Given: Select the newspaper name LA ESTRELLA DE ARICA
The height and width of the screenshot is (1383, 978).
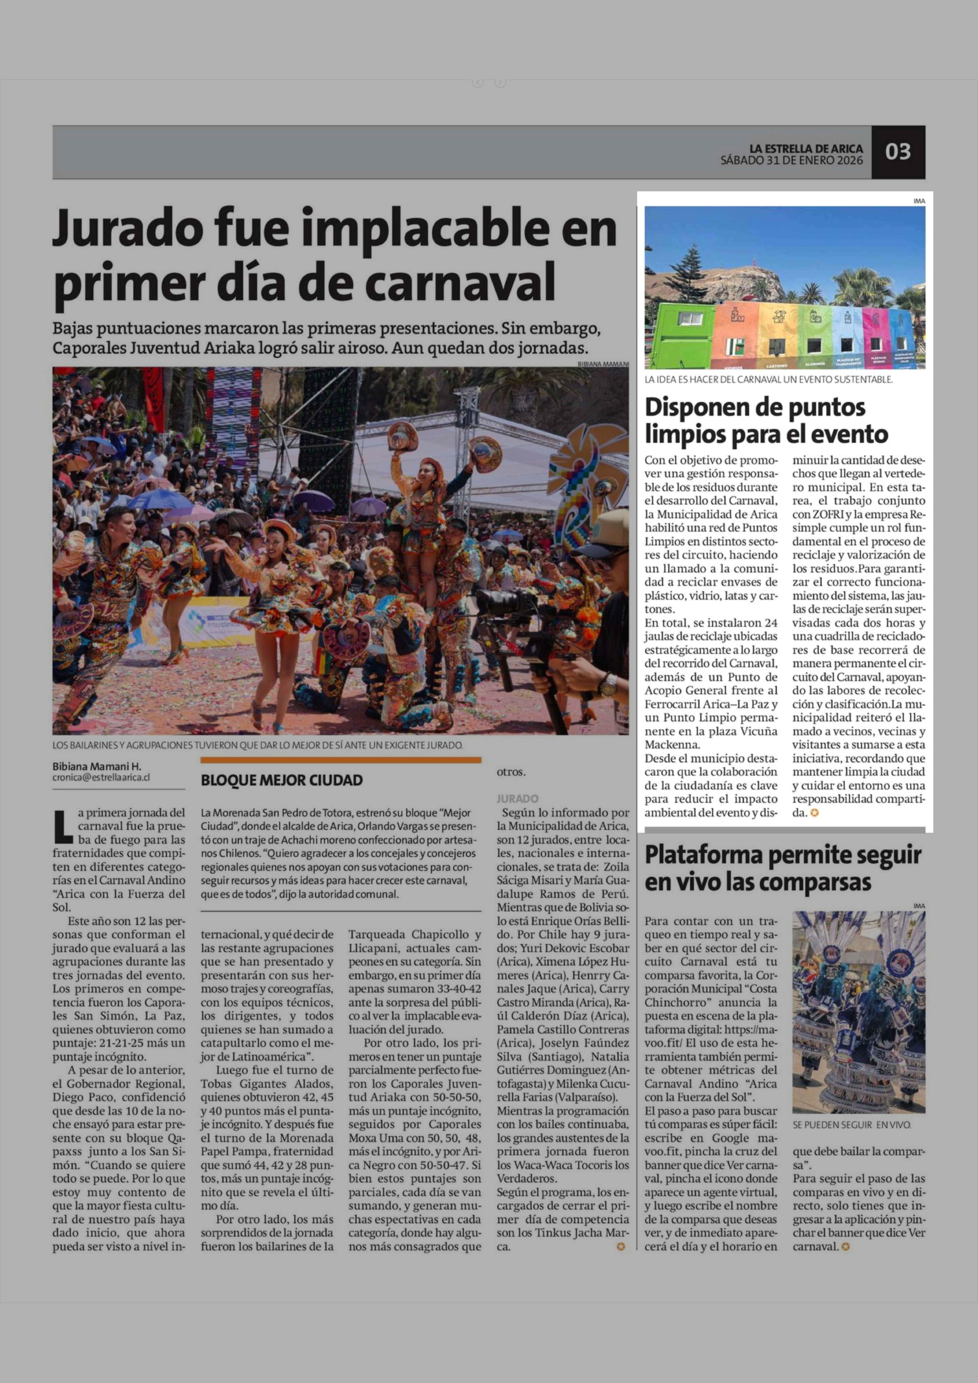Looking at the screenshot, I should [806, 148].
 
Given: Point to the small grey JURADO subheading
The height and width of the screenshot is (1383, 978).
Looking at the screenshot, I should [517, 799].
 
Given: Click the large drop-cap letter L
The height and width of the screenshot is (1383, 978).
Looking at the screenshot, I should [63, 826].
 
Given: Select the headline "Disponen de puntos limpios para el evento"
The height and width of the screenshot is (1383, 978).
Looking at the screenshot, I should [766, 420].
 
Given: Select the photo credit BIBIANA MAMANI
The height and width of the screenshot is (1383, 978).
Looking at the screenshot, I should [602, 364].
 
